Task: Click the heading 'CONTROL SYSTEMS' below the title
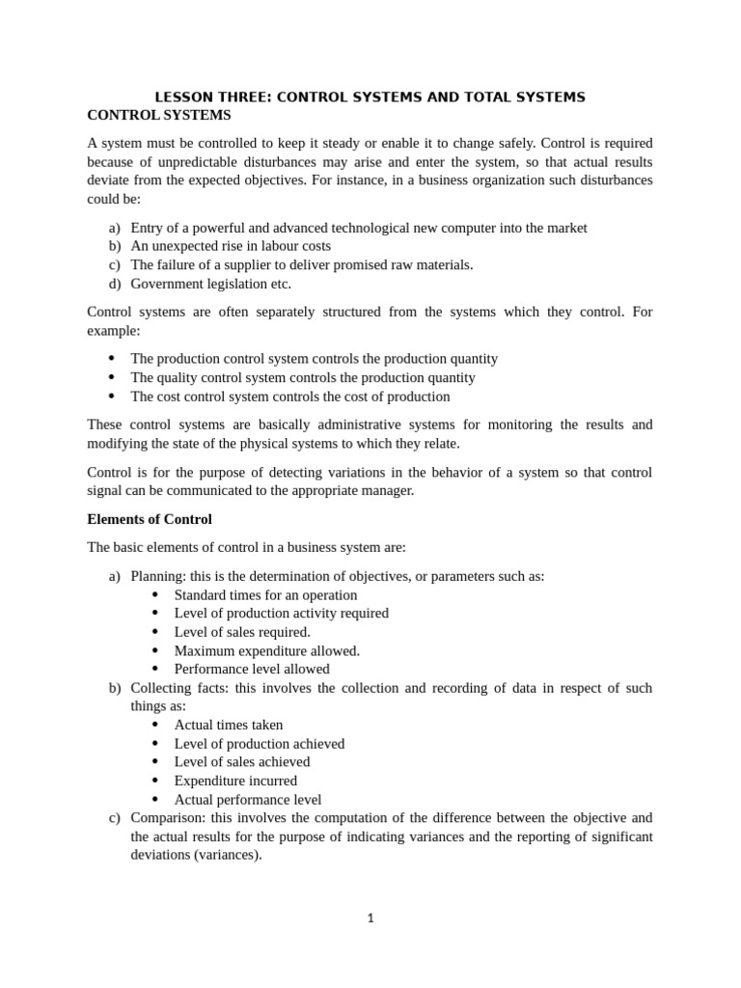tap(159, 115)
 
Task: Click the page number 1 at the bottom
tap(370, 918)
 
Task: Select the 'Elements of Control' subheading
tap(150, 519)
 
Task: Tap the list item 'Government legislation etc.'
tap(210, 284)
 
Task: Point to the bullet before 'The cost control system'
tap(112, 397)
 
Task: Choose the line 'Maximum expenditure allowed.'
tap(266, 650)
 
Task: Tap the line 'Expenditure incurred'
tap(235, 781)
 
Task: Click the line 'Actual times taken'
tap(229, 725)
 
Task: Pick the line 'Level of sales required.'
tap(242, 632)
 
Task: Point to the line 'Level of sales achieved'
tap(242, 762)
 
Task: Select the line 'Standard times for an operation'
tap(265, 595)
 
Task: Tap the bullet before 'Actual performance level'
tap(155, 800)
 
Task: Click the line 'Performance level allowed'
tap(252, 669)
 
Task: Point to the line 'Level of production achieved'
tap(259, 744)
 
